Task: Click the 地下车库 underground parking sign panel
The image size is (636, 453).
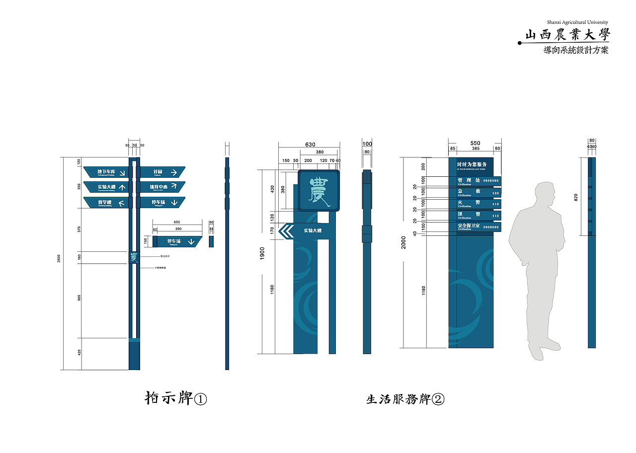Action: click(x=105, y=172)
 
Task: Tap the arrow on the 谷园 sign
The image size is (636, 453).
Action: click(x=174, y=172)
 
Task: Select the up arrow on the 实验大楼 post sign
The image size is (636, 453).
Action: click(x=122, y=187)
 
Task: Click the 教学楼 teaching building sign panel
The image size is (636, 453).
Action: click(x=105, y=203)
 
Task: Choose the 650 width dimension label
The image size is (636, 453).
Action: click(x=177, y=222)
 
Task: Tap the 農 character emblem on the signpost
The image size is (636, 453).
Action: click(x=134, y=257)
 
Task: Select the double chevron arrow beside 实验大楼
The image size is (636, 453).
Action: click(x=286, y=230)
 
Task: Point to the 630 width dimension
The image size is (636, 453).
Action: click(x=310, y=145)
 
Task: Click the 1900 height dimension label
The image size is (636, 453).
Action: click(x=262, y=252)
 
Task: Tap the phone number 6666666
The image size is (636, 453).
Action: click(x=491, y=181)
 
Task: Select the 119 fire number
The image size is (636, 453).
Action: click(x=495, y=204)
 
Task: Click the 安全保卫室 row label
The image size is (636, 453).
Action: click(x=469, y=226)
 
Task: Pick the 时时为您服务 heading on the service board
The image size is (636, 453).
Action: click(x=472, y=164)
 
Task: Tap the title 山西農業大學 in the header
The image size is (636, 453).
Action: click(x=567, y=35)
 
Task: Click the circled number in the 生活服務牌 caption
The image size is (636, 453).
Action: click(x=438, y=399)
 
